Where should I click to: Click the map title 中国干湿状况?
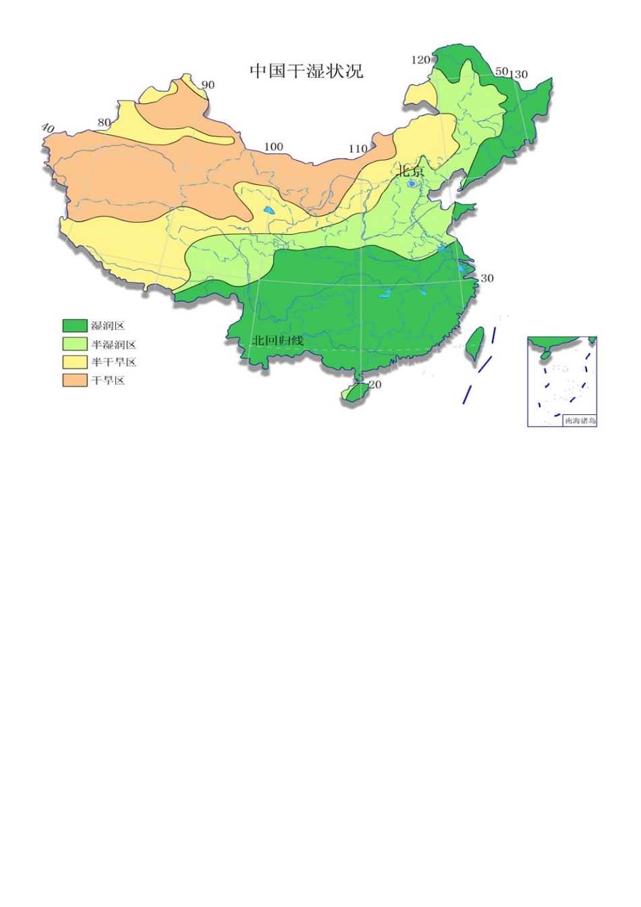[306, 71]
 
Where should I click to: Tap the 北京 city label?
[410, 171]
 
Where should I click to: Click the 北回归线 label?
[277, 341]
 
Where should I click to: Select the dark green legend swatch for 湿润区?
[75, 326]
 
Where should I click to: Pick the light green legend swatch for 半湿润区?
[75, 344]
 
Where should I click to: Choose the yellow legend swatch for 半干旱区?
[75, 362]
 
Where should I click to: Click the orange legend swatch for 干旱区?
[75, 381]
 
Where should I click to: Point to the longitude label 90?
[208, 85]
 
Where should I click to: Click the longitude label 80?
[104, 123]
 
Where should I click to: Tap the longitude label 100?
[273, 147]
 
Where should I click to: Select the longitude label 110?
[358, 149]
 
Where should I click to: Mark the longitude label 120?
[420, 60]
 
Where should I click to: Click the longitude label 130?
[519, 74]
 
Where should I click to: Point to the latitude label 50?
[501, 72]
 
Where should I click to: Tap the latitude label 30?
[486, 278]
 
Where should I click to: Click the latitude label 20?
[375, 385]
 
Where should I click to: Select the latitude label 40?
[47, 128]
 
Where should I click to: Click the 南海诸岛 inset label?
[580, 420]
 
